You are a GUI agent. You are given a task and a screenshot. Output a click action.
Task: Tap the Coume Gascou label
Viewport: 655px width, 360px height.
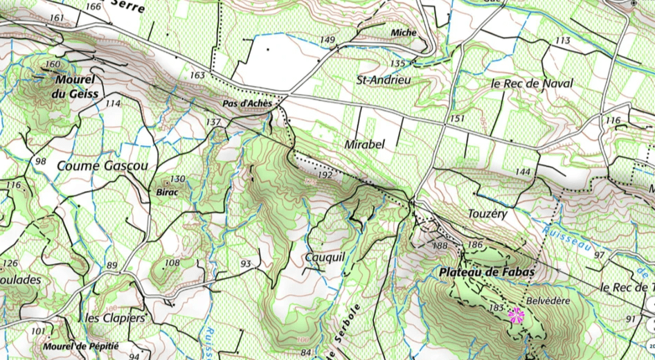102,166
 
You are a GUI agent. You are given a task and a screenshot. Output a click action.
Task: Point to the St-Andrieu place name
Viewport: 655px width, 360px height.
384,80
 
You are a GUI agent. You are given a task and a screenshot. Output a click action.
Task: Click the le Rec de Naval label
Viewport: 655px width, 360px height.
532,83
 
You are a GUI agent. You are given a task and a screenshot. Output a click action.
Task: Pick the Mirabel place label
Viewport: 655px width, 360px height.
364,145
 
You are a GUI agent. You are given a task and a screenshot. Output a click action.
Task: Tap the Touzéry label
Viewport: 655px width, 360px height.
487,214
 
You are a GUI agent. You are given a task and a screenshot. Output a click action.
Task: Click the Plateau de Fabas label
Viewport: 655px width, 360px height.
487,273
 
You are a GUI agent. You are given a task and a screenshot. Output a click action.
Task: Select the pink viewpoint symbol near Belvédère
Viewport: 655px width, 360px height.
516,316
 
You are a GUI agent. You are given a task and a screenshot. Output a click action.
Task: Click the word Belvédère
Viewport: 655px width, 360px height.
547,301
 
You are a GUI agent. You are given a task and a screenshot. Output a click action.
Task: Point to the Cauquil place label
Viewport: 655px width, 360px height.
325,257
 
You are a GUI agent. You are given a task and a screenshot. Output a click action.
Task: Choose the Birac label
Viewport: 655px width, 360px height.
168,192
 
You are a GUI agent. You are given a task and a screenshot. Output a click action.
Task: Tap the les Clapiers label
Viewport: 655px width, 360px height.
115,318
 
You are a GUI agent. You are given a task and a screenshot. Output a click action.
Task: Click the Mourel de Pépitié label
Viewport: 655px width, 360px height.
80,345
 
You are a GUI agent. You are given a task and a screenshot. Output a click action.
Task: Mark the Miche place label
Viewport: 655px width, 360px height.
404,33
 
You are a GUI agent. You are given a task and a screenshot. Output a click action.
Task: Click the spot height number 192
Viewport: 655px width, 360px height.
325,176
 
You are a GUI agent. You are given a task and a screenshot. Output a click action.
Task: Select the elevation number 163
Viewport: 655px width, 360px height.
197,75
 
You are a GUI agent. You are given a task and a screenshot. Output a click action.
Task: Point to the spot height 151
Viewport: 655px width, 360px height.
456,118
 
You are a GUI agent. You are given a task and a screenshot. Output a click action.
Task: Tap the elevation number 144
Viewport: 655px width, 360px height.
523,171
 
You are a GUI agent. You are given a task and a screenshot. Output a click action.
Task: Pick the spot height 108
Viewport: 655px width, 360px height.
172,262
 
